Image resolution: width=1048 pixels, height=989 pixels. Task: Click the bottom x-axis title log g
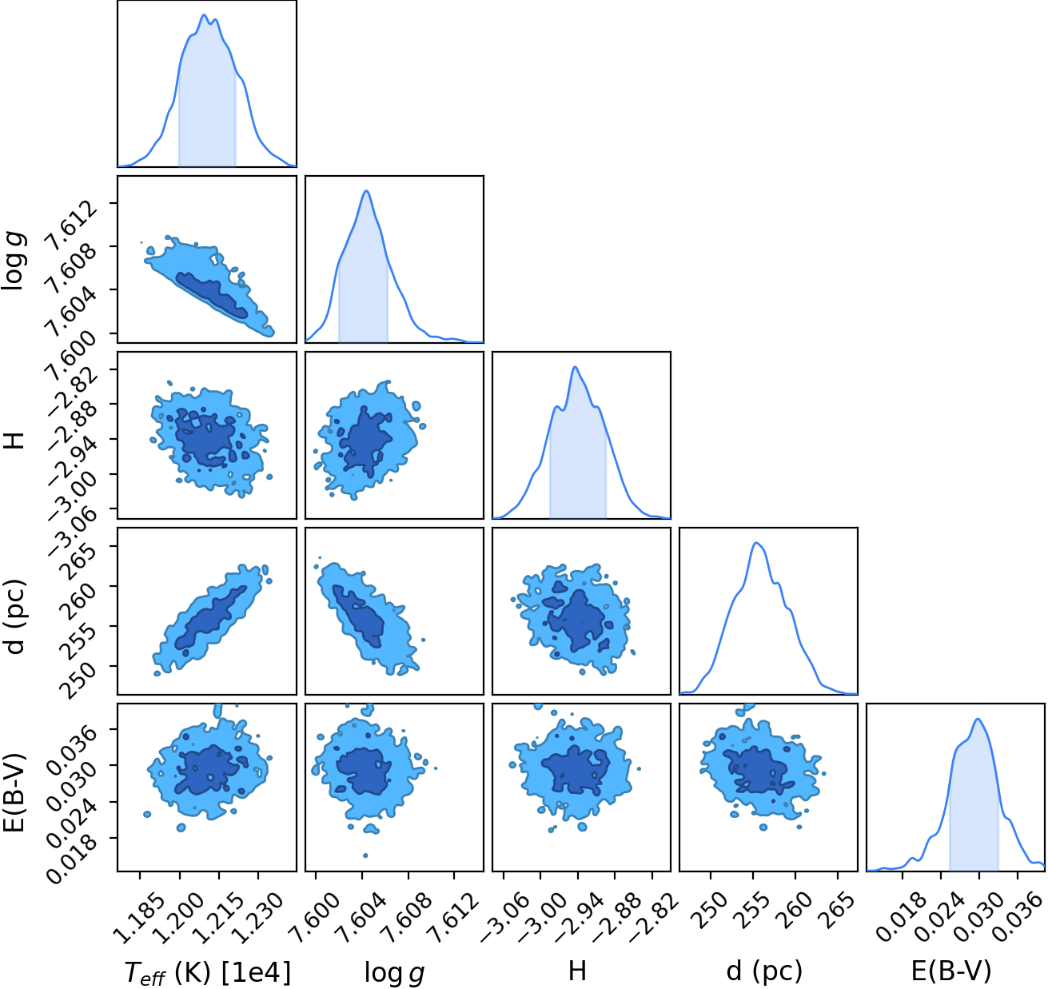[x=395, y=971]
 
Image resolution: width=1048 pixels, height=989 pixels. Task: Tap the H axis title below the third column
[x=577, y=970]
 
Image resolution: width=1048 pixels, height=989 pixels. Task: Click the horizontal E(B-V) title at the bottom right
[x=951, y=971]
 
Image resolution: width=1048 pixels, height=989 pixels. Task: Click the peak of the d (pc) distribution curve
[x=756, y=543]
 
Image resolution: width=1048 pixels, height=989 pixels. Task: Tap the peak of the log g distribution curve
[x=366, y=190]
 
